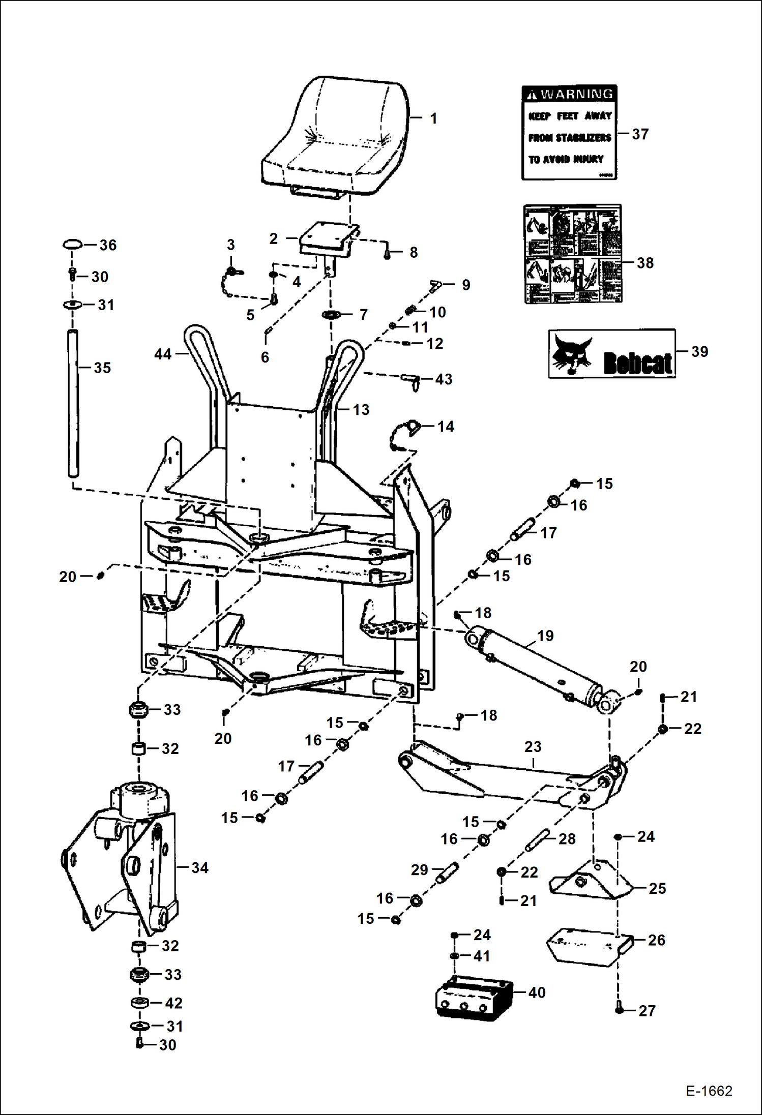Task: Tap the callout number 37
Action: point(640,134)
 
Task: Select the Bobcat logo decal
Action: point(612,353)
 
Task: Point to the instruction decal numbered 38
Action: point(573,254)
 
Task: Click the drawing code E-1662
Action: point(709,1091)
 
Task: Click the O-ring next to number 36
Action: point(72,245)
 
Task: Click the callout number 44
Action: point(163,354)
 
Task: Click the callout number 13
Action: point(361,409)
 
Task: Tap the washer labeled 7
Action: point(332,315)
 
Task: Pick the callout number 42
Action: point(173,1003)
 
